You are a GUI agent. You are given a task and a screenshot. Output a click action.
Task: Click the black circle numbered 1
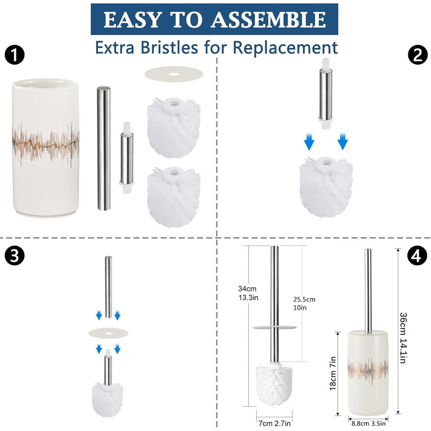click(x=15, y=55)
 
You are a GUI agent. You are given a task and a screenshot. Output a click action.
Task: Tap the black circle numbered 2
click(x=417, y=55)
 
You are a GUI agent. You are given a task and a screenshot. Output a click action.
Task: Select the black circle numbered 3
click(x=15, y=256)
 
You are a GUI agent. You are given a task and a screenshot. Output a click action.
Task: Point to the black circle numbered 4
click(x=417, y=256)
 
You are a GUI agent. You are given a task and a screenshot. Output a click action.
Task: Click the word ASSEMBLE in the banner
click(x=268, y=20)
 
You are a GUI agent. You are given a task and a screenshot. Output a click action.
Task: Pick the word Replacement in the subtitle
click(x=285, y=48)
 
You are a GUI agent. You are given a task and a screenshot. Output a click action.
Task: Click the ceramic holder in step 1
click(x=46, y=148)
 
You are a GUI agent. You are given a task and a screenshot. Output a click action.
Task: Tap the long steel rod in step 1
click(x=103, y=148)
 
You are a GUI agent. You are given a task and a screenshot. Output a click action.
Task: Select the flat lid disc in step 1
click(x=174, y=74)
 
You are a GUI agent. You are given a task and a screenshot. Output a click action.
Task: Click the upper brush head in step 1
click(x=174, y=128)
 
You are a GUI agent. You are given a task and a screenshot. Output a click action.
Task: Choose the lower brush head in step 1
click(x=174, y=197)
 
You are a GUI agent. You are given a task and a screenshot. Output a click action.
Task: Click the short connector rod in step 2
click(x=326, y=94)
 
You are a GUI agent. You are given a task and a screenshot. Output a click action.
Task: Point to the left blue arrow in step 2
click(x=309, y=142)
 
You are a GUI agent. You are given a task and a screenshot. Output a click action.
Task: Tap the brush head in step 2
click(x=326, y=187)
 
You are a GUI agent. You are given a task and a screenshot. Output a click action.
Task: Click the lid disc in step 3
click(x=108, y=333)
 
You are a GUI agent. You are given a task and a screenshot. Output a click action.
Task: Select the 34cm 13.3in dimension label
click(x=248, y=293)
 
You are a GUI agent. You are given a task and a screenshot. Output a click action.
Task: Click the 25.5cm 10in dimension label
click(x=304, y=303)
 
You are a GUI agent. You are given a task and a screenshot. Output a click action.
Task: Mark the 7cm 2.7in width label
click(x=275, y=424)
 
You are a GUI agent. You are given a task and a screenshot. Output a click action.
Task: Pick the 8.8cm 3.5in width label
click(x=368, y=424)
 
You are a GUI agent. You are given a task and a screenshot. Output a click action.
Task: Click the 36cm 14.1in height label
click(x=403, y=338)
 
